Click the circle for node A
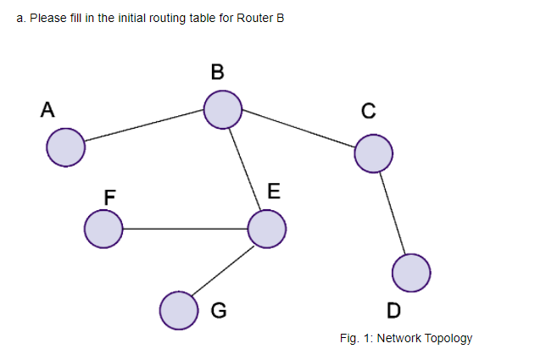coord(65,147)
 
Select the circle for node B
coord(223,110)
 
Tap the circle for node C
coord(373,153)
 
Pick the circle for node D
coord(412,272)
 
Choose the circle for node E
coord(266,229)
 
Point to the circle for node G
coord(179,309)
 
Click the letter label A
coord(47,109)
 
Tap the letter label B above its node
coord(218,73)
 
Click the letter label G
coord(218,310)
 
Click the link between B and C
coord(298,131)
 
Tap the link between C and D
coord(393,213)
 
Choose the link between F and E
coord(185,229)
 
